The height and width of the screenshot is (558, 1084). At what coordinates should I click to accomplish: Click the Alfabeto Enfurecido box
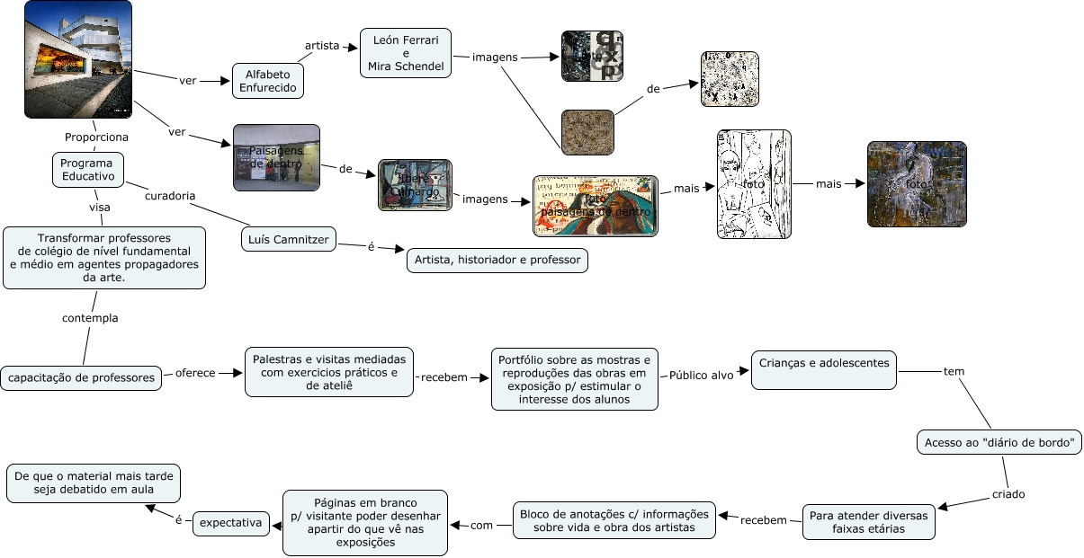point(267,81)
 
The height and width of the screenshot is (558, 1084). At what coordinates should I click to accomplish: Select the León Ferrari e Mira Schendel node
point(406,53)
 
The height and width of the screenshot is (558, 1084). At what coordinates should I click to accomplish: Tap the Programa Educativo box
point(87,170)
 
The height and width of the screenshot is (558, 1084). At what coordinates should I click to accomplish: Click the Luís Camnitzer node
point(289,239)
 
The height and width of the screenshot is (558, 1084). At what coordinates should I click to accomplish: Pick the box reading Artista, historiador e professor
point(497,261)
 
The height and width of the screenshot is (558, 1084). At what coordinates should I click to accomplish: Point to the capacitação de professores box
point(82,377)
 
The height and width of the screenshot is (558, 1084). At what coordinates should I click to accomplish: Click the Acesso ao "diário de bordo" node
point(999,442)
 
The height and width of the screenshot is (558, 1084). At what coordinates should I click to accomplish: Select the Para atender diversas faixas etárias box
point(868,522)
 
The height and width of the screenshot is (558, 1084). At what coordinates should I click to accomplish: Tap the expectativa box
point(231,522)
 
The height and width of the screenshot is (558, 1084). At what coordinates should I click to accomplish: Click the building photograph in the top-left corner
point(78,59)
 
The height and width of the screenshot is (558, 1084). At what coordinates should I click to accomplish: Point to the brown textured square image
point(587,132)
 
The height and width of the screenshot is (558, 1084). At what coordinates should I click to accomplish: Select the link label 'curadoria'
point(170,195)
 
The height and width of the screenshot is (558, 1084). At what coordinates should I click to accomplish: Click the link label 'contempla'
point(90,318)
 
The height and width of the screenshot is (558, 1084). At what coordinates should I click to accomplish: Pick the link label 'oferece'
point(195,373)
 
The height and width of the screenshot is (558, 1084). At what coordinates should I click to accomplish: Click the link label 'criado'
point(1008,494)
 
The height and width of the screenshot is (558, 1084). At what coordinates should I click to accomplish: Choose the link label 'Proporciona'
point(96,137)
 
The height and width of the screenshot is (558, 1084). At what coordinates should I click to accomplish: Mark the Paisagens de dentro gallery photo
point(276,157)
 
